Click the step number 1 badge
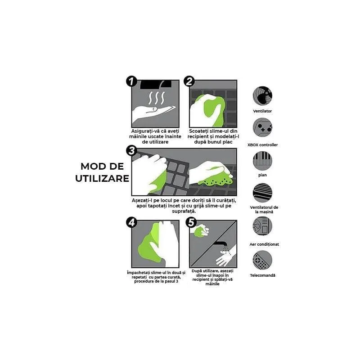coord(131,81)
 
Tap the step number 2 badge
coord(189,81)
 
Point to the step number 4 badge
coord(131,222)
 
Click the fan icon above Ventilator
coord(262,96)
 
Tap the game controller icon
coord(262,128)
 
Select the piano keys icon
coord(262,160)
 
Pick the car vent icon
coord(262,192)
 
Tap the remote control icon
coord(262,260)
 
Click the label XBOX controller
coord(262,145)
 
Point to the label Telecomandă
coord(262,275)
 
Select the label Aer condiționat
coord(264,244)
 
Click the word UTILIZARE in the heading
coord(102,178)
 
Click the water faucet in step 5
coord(220,245)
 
